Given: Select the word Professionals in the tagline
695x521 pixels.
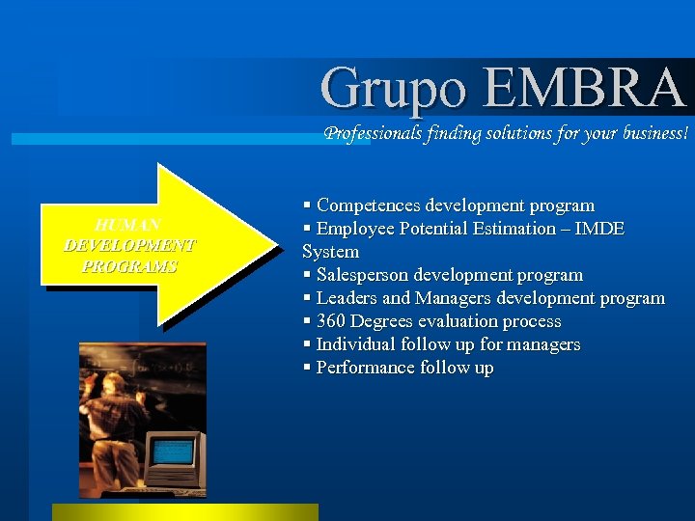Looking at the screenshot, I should [x=373, y=134].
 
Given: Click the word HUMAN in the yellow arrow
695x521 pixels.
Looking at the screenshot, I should [x=128, y=225].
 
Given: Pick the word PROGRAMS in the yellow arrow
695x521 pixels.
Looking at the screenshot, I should [x=129, y=266].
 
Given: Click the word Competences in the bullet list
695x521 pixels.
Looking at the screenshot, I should [x=369, y=206].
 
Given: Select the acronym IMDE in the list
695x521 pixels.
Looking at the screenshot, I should [x=599, y=229].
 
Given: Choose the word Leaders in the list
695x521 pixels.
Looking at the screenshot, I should [x=347, y=298].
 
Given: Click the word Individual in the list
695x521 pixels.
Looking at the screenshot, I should [x=355, y=344].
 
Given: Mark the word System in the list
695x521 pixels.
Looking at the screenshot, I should [x=330, y=252].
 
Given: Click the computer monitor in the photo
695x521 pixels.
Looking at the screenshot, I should [x=175, y=452].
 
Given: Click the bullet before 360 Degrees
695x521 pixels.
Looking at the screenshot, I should [x=307, y=321].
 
